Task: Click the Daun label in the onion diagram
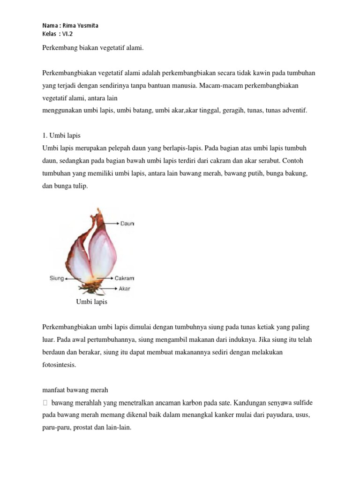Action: [127, 224]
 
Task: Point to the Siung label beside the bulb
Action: [57, 278]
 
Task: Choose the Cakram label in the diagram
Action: [125, 278]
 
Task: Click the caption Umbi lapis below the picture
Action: [91, 302]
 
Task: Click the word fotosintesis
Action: [59, 364]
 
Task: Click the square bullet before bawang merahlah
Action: [45, 403]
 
